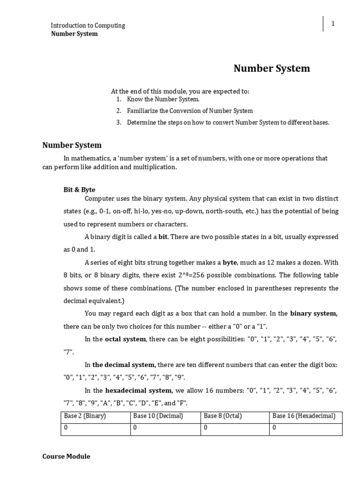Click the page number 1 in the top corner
[333, 24]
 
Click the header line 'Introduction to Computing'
[88, 25]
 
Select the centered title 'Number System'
[272, 68]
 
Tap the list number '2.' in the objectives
[119, 111]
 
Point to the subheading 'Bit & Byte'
[79, 189]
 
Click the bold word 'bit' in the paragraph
[163, 237]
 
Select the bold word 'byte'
[230, 262]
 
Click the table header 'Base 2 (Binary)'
[84, 416]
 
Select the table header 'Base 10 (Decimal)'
[158, 416]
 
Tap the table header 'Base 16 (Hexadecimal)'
[304, 416]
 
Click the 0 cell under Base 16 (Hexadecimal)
[274, 427]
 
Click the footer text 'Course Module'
[66, 456]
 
